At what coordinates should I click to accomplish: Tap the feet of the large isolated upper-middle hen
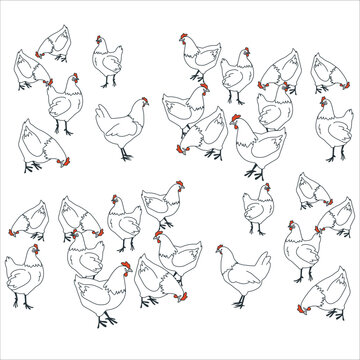click(124, 157)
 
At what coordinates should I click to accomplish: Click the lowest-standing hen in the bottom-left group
click(100, 294)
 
